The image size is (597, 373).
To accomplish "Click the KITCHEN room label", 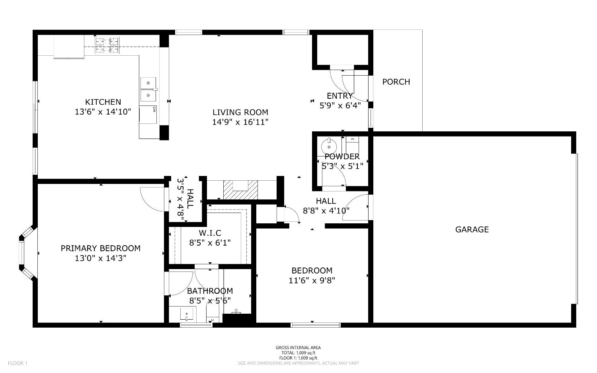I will pos(103,102).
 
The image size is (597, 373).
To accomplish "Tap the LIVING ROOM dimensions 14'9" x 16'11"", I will pos(240,122).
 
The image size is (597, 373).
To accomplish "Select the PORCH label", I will pos(396,82).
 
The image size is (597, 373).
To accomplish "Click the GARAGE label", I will pos(472,230).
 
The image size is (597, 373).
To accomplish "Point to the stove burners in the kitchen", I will pos(107,45).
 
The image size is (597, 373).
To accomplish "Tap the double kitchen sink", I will pos(148,89).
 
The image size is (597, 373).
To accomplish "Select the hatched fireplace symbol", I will pos(240,190).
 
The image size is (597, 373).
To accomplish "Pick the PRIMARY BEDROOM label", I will pos(100,248).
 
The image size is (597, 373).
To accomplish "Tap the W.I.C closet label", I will pos(210,233).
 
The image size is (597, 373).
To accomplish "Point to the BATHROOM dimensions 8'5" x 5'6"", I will pos(210,301).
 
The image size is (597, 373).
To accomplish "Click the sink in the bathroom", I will pos(186,314).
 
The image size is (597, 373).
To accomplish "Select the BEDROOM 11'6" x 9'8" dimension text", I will pos(312,281).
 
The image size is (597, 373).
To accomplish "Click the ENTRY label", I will pos(339,96).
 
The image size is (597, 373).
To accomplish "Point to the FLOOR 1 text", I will pos(18,363).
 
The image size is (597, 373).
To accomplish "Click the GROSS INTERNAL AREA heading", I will pos(298,348).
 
